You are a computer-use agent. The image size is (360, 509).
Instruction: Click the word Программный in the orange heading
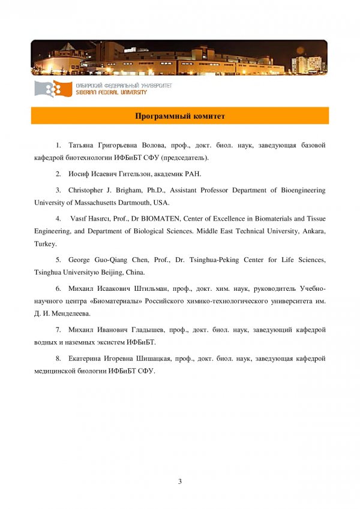point(162,116)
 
